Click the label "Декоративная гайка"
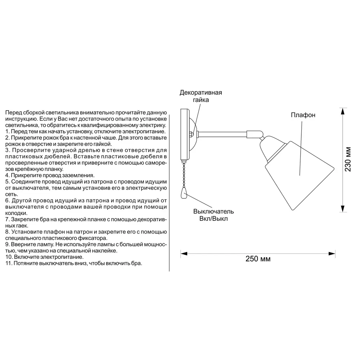click(x=201, y=96)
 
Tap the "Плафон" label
click(x=303, y=115)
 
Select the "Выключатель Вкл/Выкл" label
click(x=213, y=215)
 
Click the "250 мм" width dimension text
click(x=258, y=259)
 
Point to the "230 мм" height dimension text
click(x=348, y=159)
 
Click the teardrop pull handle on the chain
click(x=184, y=195)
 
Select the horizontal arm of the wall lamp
click(x=223, y=134)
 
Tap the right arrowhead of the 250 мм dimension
click(x=333, y=254)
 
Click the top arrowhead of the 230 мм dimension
click(x=342, y=110)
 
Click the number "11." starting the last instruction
click(x=9, y=264)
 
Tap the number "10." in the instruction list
click(x=9, y=257)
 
